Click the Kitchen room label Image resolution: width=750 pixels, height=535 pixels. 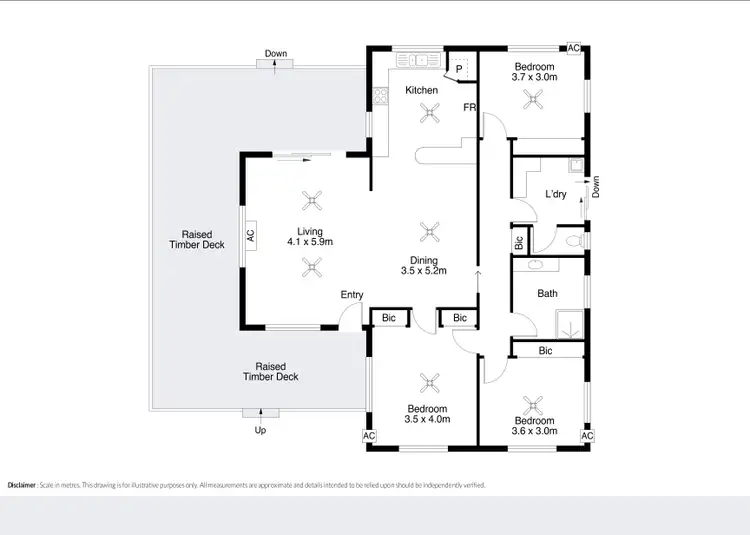421,91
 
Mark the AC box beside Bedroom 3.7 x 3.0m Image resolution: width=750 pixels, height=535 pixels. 574,48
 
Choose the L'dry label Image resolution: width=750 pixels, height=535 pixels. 556,194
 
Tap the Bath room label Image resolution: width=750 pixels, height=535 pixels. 547,294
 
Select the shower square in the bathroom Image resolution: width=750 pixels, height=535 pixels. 571,323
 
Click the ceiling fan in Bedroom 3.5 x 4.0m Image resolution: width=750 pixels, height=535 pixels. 431,381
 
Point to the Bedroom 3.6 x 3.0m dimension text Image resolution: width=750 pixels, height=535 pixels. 535,432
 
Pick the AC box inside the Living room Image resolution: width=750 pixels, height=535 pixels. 250,238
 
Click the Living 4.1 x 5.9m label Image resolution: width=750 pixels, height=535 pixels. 309,236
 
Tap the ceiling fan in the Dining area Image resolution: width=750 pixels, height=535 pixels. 431,231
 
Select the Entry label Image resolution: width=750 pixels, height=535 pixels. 352,295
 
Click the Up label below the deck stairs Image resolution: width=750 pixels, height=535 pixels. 261,430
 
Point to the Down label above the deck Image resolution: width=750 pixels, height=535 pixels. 276,53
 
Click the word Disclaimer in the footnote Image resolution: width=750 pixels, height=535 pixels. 22,485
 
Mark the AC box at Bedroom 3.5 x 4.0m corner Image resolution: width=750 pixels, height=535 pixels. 368,436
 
